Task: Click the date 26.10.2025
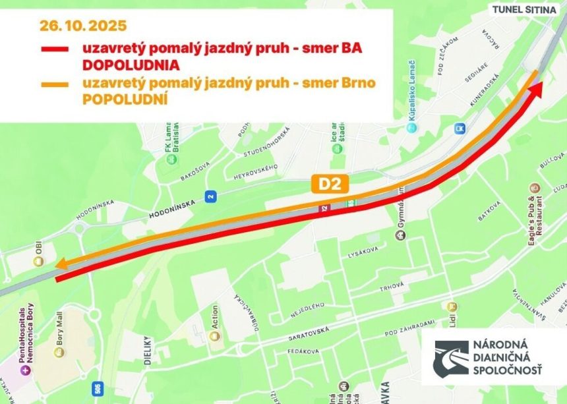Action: click(x=82, y=27)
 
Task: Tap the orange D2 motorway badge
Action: click(x=330, y=185)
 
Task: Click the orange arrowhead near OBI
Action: click(x=60, y=265)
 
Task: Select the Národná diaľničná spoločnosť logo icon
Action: click(x=450, y=359)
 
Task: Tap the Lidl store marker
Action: click(x=452, y=306)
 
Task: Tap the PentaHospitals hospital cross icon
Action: click(x=26, y=369)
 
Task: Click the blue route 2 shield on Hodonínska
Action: click(x=210, y=196)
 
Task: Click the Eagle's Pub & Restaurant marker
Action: click(x=530, y=190)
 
